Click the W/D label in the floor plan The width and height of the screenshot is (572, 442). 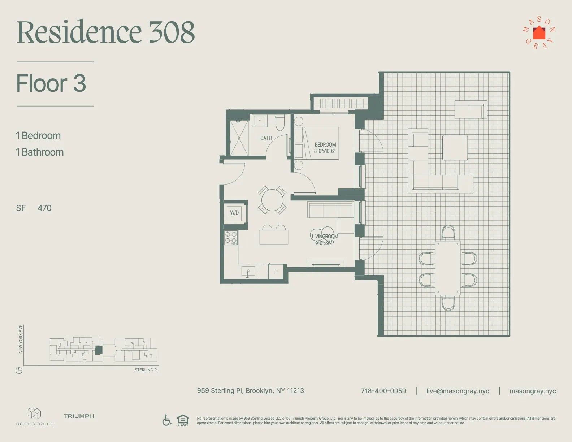pyautogui.click(x=234, y=213)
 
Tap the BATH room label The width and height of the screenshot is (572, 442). pyautogui.click(x=266, y=138)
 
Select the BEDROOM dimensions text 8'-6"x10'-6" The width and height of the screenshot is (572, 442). pyautogui.click(x=325, y=151)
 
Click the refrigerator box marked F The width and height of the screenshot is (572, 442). pyautogui.click(x=276, y=272)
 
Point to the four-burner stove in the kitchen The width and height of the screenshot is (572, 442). pyautogui.click(x=231, y=237)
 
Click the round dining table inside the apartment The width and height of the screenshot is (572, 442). pyautogui.click(x=272, y=200)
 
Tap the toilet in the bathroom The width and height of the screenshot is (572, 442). pyautogui.click(x=280, y=123)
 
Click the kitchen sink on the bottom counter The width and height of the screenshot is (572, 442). pyautogui.click(x=248, y=272)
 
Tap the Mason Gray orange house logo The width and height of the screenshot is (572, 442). pyautogui.click(x=539, y=33)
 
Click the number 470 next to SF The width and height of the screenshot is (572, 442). pyautogui.click(x=44, y=208)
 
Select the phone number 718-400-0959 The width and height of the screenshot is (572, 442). pyautogui.click(x=383, y=391)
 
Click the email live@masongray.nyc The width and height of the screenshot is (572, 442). pyautogui.click(x=458, y=391)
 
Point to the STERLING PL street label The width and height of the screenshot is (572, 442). pyautogui.click(x=147, y=370)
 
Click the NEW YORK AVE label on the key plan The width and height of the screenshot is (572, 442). pyautogui.click(x=21, y=339)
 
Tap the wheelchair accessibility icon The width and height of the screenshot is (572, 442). pyautogui.click(x=167, y=420)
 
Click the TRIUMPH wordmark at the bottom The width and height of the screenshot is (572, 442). pyautogui.click(x=79, y=416)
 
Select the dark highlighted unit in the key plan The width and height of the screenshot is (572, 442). pyautogui.click(x=99, y=350)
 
